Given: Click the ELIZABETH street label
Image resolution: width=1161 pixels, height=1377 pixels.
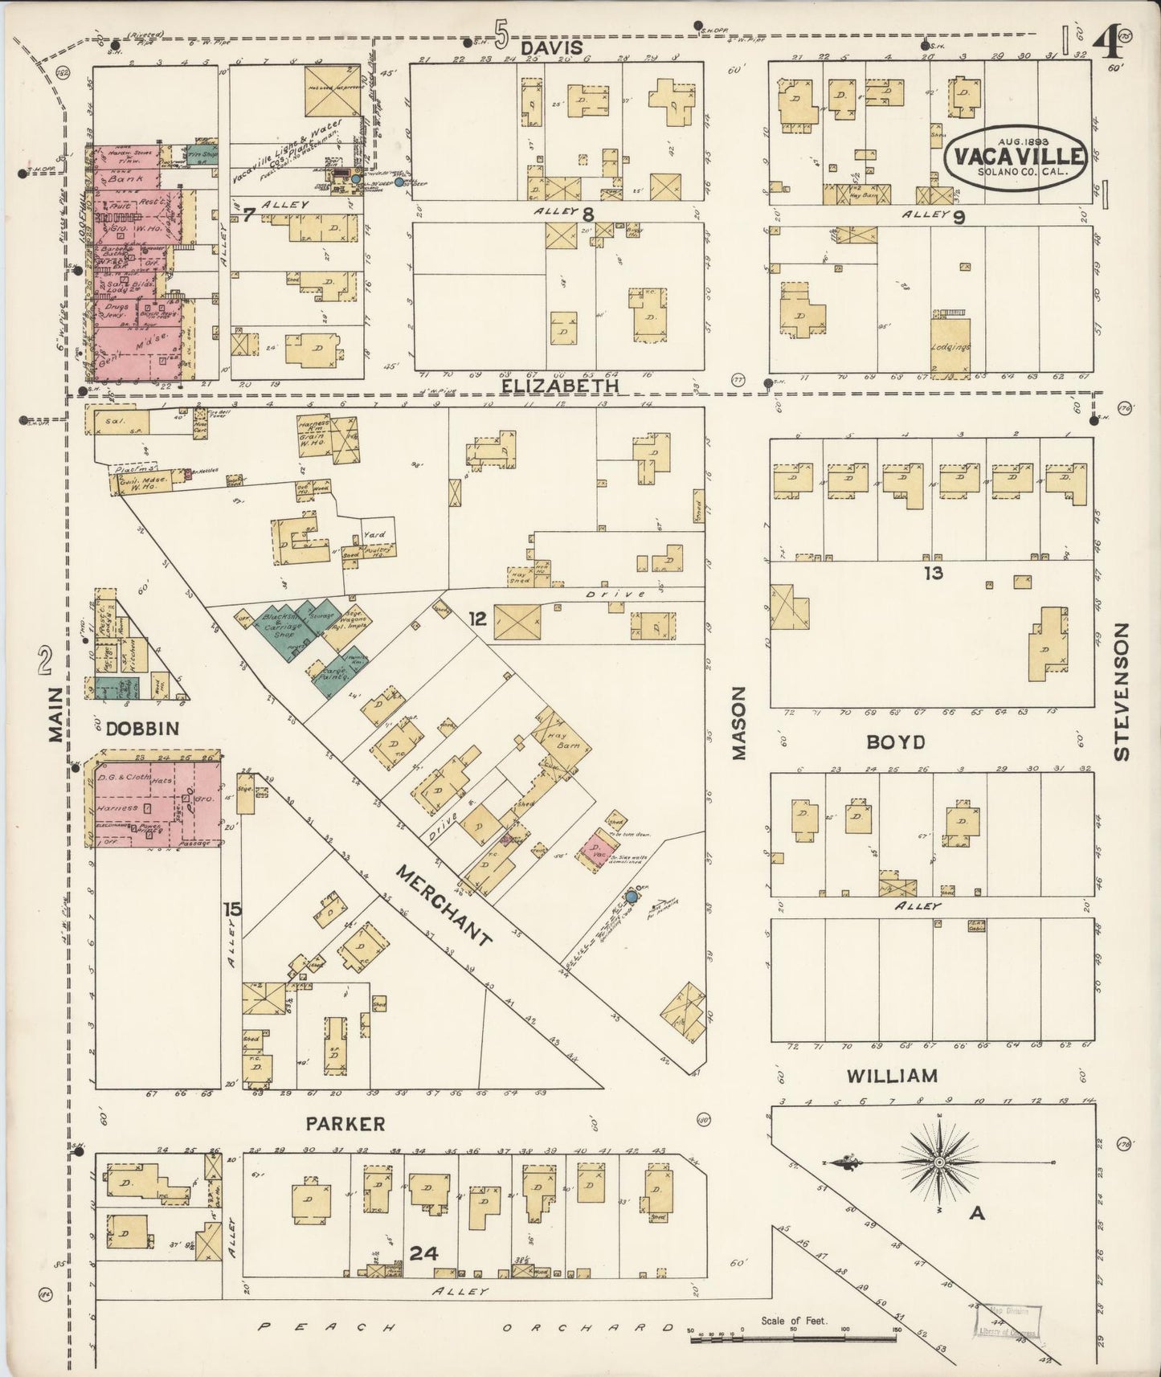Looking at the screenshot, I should [x=560, y=386].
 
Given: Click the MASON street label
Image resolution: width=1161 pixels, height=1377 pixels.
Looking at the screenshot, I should [x=738, y=722].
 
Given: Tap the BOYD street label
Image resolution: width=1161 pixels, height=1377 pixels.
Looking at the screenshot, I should [x=895, y=742].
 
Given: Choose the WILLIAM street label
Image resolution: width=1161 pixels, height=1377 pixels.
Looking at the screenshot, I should [x=892, y=1075].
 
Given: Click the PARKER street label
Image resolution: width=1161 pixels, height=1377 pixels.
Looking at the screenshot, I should [x=345, y=1123].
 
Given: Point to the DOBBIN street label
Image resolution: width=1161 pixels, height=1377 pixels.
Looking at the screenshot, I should [x=142, y=729].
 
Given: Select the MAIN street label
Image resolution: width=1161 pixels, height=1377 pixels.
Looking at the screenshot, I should [x=55, y=714].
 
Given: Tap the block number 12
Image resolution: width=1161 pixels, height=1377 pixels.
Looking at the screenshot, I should [x=477, y=618].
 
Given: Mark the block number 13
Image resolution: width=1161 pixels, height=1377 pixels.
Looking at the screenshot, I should [x=933, y=573].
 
